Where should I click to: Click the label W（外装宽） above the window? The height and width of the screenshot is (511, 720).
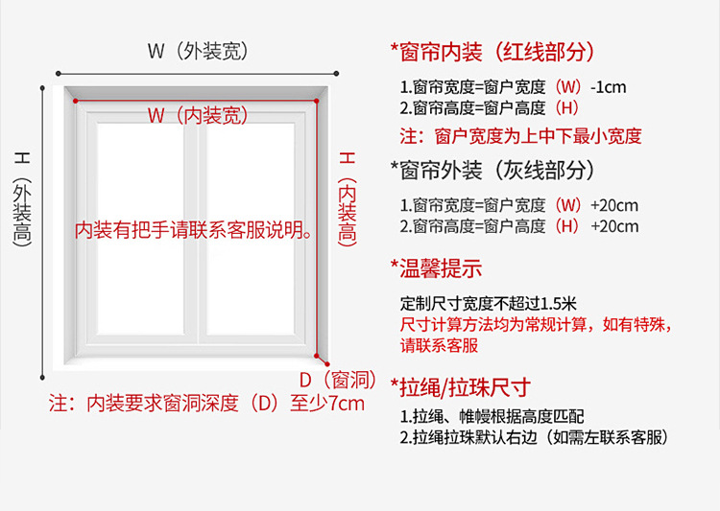point(198,52)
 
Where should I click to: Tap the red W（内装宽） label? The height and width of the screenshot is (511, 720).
point(198,116)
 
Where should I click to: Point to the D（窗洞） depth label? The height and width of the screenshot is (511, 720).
point(335,379)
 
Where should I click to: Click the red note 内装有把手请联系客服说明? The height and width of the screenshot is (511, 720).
point(196,230)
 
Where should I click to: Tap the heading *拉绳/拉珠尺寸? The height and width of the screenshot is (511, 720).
point(461,387)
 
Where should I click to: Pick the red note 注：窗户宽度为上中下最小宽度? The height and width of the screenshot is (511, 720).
point(520,135)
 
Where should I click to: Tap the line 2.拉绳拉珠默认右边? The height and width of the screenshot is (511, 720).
point(533,437)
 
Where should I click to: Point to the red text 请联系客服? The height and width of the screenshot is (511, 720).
point(439,345)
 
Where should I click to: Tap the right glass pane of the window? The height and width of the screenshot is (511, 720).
point(253,221)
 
